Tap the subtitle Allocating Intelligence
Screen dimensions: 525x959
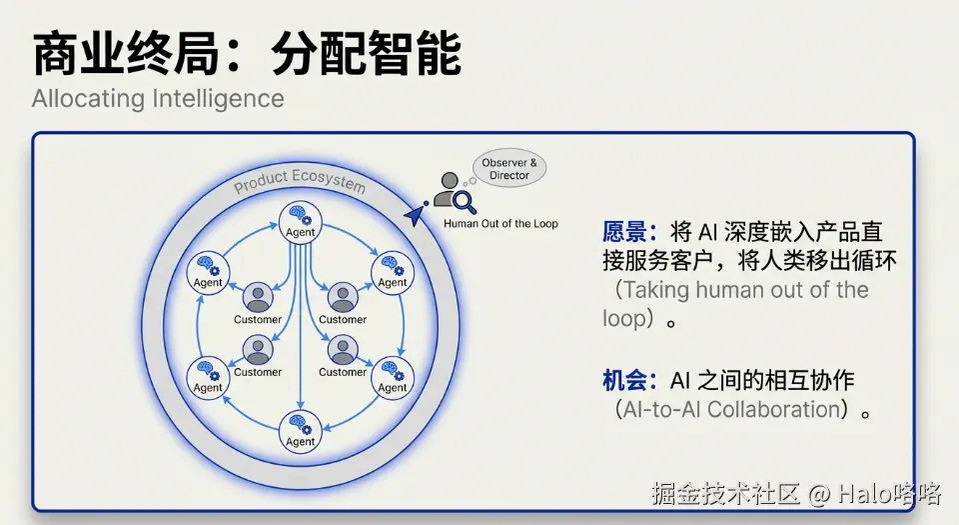click(x=158, y=99)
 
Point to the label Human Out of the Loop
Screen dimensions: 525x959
click(x=500, y=223)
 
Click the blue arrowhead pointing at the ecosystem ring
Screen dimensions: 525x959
click(x=413, y=214)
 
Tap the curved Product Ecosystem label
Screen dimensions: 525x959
click(x=300, y=182)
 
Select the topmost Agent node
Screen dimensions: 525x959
click(x=300, y=219)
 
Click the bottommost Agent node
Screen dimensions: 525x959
click(x=300, y=429)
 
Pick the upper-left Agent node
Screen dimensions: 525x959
click(x=208, y=269)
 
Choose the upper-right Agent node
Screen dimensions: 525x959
click(x=392, y=269)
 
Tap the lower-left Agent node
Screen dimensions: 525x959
click(x=208, y=375)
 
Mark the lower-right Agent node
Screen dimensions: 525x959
click(x=392, y=375)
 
